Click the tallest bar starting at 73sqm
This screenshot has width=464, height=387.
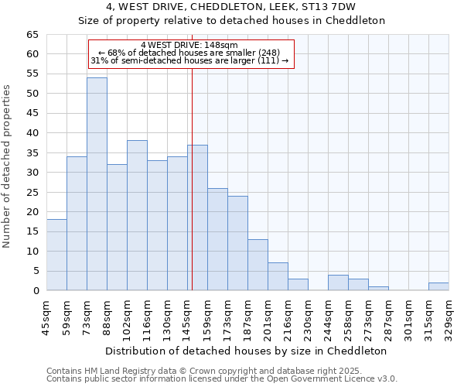coord(97,184)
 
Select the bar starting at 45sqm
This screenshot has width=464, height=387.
coord(56,255)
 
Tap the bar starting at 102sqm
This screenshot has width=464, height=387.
coord(137,215)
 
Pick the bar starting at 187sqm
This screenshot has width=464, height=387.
coord(258,265)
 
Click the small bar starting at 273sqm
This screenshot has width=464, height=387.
coord(378,288)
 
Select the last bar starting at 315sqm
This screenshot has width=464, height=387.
coord(438,286)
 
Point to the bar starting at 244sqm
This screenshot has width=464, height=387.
coord(338,283)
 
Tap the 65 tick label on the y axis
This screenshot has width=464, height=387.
coord(32,35)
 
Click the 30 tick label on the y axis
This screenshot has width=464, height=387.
coord(32,173)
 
